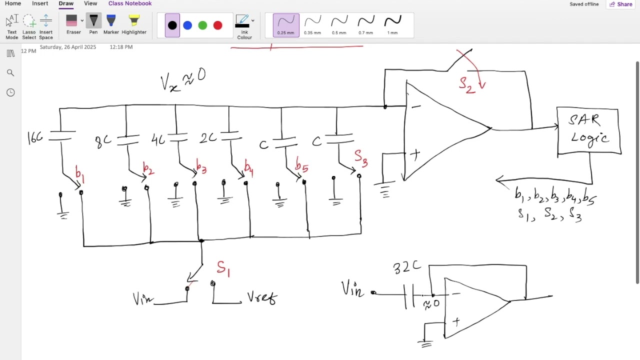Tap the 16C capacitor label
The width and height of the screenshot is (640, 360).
[35, 138]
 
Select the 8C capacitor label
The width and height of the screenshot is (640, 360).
[103, 141]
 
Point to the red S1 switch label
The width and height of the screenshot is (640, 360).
[223, 268]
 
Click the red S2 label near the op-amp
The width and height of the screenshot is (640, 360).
[466, 84]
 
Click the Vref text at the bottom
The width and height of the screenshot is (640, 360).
[262, 298]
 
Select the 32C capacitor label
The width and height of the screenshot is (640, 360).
[406, 267]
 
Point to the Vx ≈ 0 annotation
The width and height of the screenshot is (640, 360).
[183, 80]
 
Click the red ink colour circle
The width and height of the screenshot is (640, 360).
[217, 25]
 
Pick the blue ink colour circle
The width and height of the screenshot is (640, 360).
[187, 25]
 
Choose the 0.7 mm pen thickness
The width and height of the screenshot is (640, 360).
[365, 24]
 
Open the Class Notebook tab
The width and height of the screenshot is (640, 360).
[129, 3]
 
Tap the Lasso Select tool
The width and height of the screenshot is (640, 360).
[29, 26]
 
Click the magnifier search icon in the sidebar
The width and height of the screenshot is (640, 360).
[10, 73]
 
